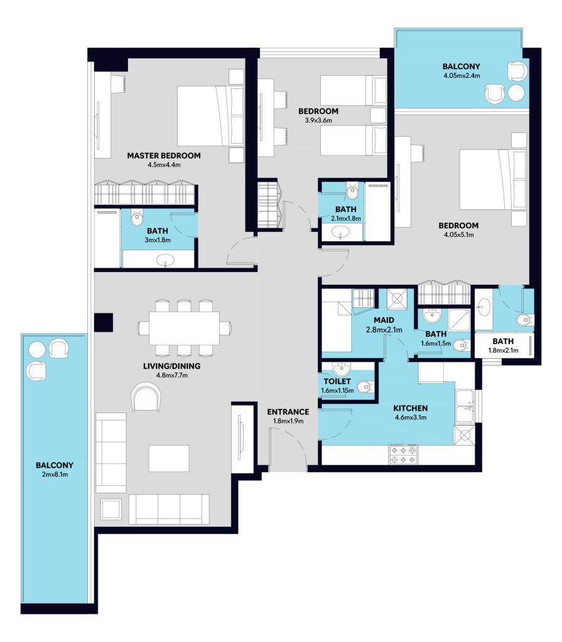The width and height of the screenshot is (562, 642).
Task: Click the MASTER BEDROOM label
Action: [x=164, y=155]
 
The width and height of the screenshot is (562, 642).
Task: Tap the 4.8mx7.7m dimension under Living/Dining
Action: [x=171, y=375]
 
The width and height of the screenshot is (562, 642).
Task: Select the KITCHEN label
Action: [x=410, y=408]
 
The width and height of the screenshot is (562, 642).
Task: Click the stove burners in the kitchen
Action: [x=404, y=455]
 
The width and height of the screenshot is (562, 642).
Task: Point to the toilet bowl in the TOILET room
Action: [x=364, y=386]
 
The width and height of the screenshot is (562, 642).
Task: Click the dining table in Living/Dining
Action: [x=184, y=328]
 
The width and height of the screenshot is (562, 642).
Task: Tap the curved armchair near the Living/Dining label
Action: [x=146, y=396]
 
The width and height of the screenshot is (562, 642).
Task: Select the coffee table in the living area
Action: [x=169, y=458]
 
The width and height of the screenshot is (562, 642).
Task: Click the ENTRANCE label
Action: [x=288, y=412]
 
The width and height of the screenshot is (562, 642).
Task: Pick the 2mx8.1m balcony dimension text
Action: [x=55, y=475]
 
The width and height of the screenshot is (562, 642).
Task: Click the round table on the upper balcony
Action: [x=516, y=93]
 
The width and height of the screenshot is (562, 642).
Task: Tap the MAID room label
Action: [x=384, y=320]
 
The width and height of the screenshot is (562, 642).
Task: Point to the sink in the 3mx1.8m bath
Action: [x=165, y=260]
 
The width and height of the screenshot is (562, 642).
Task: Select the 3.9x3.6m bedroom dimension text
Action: [x=318, y=120]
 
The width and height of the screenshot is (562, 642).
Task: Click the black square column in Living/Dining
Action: [x=104, y=322]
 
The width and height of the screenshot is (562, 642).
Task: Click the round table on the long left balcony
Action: [x=36, y=350]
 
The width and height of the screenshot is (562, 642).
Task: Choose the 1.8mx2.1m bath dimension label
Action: [x=504, y=350]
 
